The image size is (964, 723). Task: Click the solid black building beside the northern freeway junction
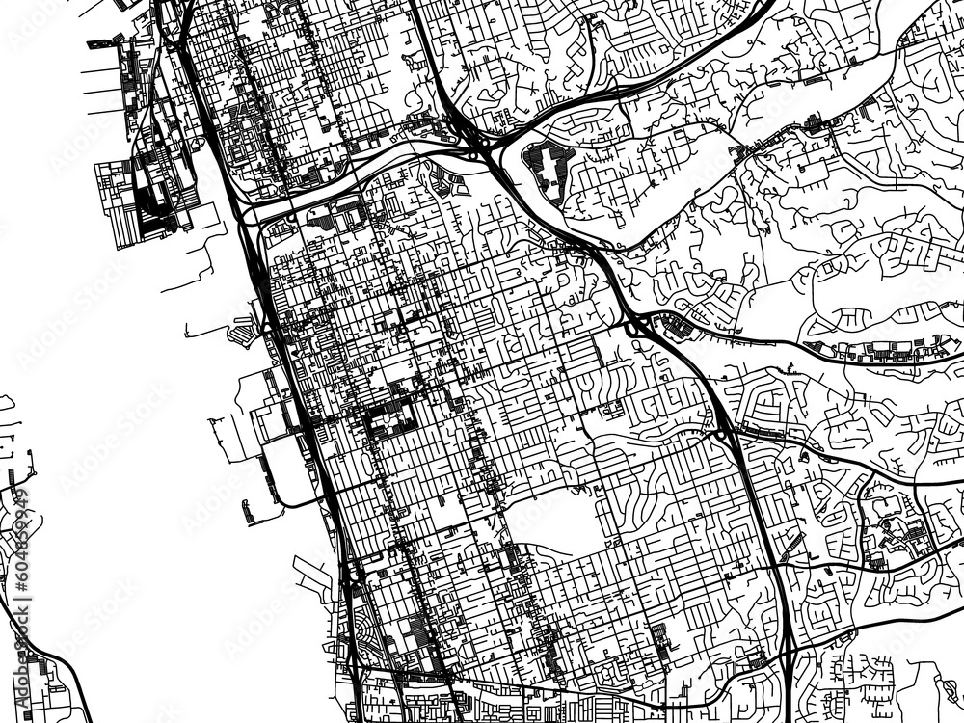coord(547,163)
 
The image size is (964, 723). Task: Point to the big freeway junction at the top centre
coord(477,149)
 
